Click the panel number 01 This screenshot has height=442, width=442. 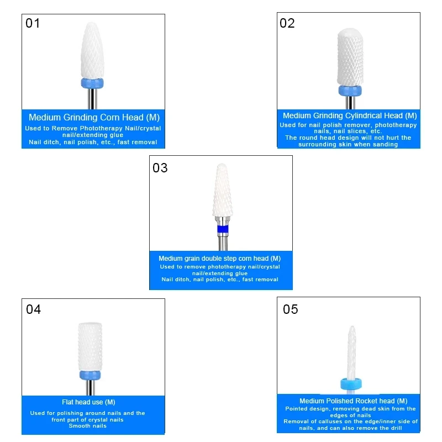[x=33, y=23]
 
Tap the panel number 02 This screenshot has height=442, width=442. [x=287, y=23]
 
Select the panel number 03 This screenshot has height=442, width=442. [x=160, y=167]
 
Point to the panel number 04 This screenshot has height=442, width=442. [x=34, y=309]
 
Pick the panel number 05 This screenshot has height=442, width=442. [x=291, y=309]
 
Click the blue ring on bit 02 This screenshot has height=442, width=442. [x=350, y=91]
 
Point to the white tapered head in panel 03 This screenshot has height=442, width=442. [x=223, y=193]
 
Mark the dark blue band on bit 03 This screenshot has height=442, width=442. [x=223, y=229]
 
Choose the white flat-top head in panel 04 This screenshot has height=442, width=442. [x=90, y=345]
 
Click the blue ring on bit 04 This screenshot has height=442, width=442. [x=90, y=375]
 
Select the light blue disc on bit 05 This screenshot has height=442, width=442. [x=351, y=385]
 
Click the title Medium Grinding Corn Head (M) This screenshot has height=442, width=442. [x=94, y=117]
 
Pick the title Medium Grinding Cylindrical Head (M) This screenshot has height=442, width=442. [x=350, y=115]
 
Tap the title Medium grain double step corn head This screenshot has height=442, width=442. [x=219, y=258]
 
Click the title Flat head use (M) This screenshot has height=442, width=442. [x=88, y=402]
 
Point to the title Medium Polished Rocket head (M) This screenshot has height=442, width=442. [x=353, y=401]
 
